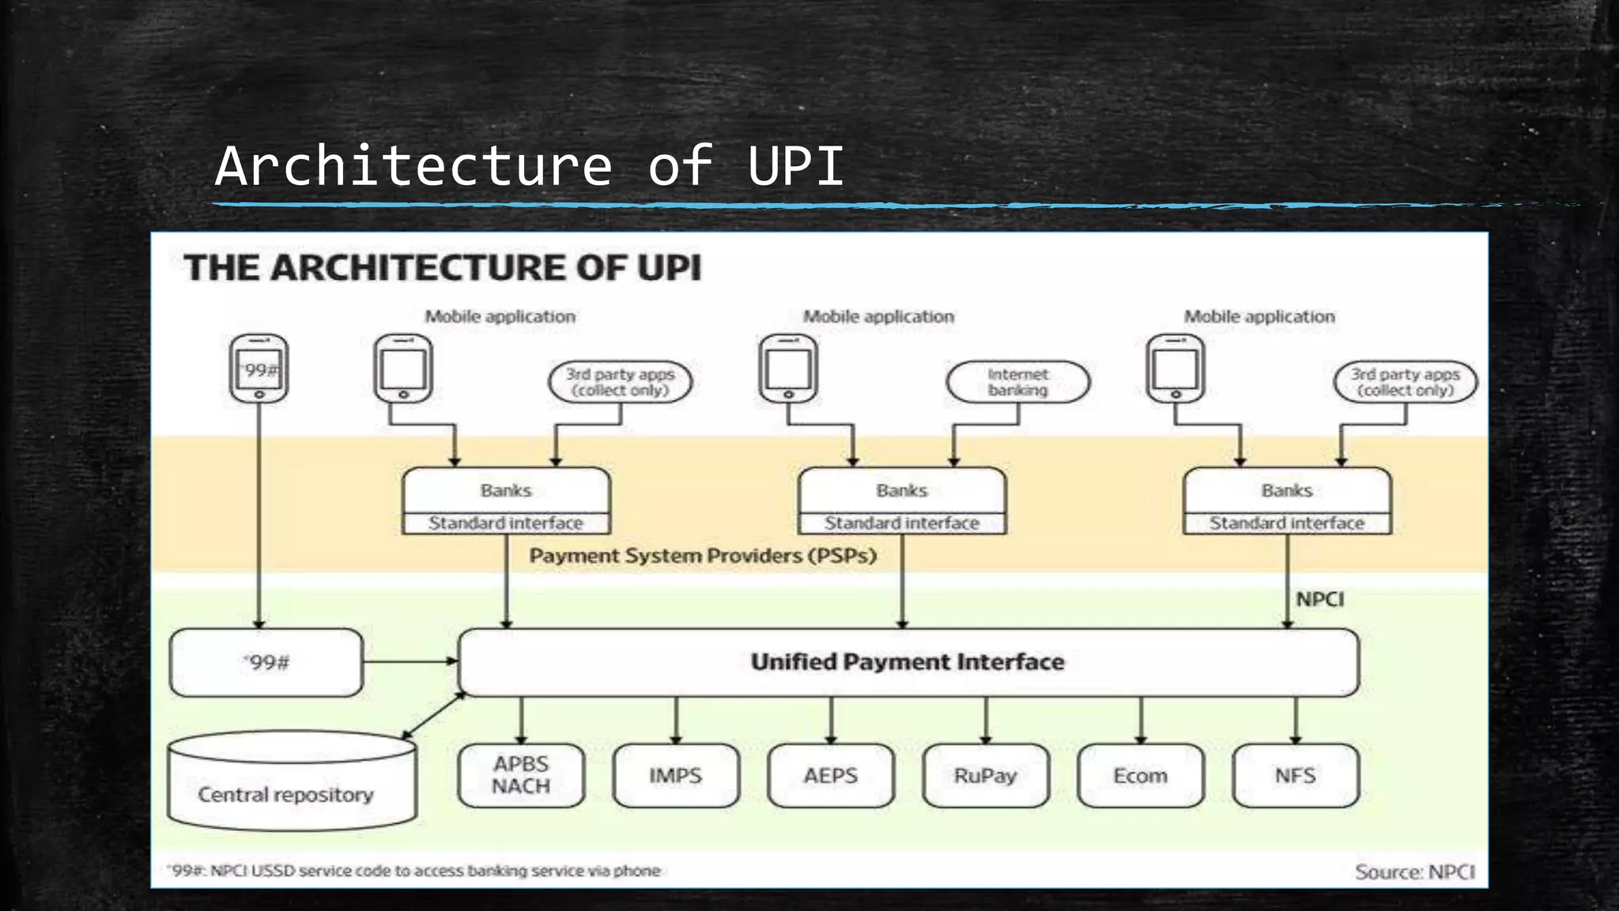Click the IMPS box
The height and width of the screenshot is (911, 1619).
676,776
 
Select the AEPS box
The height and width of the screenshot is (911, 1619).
831,776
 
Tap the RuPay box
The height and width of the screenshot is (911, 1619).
986,776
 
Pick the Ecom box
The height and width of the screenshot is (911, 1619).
1141,776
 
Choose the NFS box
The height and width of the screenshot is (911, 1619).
1296,776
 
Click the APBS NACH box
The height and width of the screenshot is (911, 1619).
521,776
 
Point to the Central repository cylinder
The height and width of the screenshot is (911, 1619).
292,781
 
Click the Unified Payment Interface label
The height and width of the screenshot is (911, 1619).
908,662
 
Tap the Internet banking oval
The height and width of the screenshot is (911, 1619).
1018,382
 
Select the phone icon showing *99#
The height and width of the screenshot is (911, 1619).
259,369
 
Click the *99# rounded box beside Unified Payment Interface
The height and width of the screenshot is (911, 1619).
266,663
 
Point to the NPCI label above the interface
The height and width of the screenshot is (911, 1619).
1320,599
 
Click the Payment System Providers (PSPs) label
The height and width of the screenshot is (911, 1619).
703,556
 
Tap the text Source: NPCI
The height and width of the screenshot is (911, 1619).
1415,871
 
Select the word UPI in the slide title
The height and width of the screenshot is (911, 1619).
795,166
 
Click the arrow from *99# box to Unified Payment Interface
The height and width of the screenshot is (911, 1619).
411,661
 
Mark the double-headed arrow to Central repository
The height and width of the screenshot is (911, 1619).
434,716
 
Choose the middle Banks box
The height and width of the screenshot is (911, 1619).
902,501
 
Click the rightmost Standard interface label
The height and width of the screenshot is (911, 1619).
1287,523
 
